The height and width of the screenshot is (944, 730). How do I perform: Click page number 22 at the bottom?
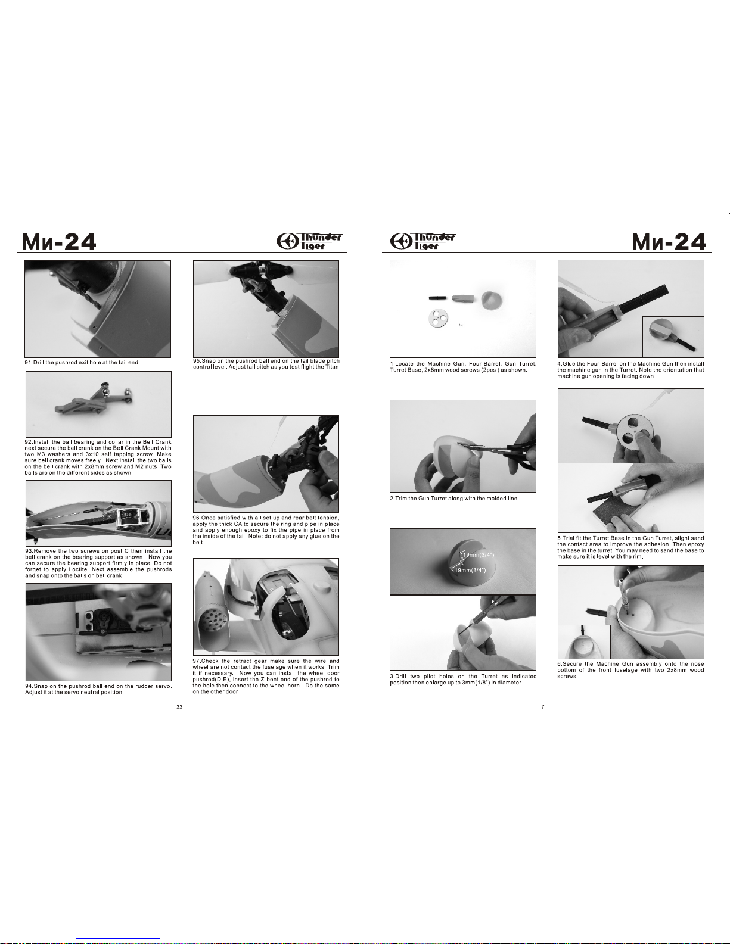[x=179, y=707]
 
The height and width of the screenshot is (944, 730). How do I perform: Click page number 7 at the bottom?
[x=543, y=707]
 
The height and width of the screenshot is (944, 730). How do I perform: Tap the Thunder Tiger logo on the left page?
[x=309, y=241]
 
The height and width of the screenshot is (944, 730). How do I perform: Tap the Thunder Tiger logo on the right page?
[x=423, y=241]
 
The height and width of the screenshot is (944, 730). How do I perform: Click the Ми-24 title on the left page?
[x=59, y=242]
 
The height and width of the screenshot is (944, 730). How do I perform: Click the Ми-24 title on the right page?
[x=669, y=242]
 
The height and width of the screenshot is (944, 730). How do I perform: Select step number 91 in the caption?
[x=29, y=362]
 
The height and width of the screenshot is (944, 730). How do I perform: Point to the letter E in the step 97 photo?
[x=280, y=614]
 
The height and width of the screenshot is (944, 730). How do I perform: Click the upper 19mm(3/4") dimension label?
[x=478, y=555]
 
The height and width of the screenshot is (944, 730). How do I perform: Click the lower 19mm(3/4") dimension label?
[x=470, y=570]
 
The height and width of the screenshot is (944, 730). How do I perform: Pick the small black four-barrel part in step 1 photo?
[x=437, y=298]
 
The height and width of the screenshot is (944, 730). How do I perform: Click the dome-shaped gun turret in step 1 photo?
[x=493, y=300]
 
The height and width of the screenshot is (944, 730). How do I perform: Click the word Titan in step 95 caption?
[x=332, y=367]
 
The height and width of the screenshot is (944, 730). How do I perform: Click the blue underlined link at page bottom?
[x=118, y=939]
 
